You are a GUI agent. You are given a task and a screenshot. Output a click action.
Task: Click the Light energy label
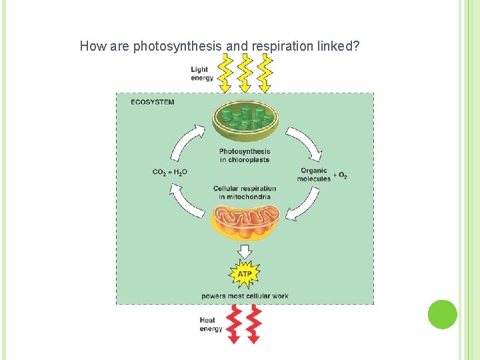pyautogui.click(x=202, y=73)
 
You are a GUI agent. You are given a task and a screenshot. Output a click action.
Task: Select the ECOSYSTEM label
pyautogui.click(x=153, y=102)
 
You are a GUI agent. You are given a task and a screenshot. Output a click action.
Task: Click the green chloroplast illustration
pyautogui.click(x=245, y=120)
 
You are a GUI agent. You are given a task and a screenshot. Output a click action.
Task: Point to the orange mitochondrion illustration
pyautogui.click(x=245, y=223)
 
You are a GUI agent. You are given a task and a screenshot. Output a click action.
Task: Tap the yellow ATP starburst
pyautogui.click(x=245, y=274)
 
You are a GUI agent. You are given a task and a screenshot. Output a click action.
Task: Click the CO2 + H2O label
pyautogui.click(x=170, y=172)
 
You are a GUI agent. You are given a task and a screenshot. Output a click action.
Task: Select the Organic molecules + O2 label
pyautogui.click(x=321, y=174)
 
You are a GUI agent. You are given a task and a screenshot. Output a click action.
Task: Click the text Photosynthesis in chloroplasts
pyautogui.click(x=245, y=155)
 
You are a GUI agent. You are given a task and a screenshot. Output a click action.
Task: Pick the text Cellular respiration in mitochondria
pyautogui.click(x=245, y=193)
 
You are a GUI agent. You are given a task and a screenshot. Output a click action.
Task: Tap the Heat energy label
pyautogui.click(x=211, y=324)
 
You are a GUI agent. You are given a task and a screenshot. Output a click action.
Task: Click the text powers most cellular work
pyautogui.click(x=245, y=295)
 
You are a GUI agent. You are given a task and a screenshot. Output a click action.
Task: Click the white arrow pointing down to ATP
pyautogui.click(x=245, y=251)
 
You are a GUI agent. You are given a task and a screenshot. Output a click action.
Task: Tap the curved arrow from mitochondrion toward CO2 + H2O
pyautogui.click(x=187, y=201)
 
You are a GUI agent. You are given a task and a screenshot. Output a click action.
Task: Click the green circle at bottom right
pyautogui.click(x=442, y=315)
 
